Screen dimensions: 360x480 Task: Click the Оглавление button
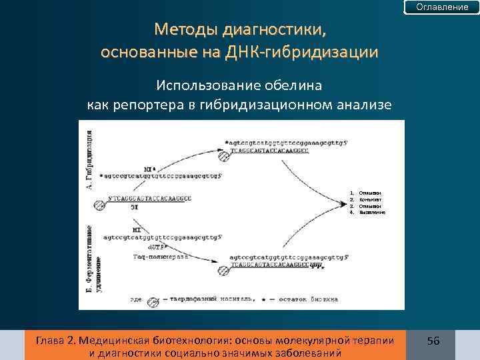[x=442, y=7]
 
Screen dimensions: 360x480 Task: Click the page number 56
[x=433, y=341]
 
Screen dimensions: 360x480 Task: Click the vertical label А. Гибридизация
[x=90, y=160]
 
